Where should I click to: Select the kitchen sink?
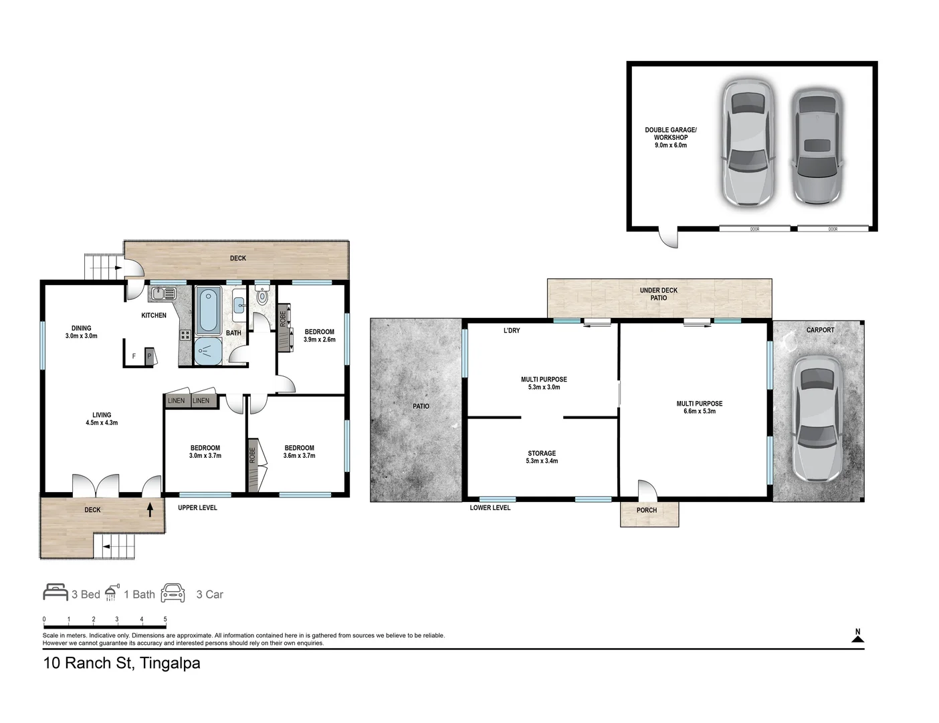[x=162, y=293]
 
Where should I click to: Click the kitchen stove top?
[x=185, y=335]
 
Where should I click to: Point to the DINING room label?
[x=81, y=332]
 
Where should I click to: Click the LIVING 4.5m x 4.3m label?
[x=102, y=418]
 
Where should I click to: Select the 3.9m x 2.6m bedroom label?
[x=319, y=335]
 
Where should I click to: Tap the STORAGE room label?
[x=542, y=457]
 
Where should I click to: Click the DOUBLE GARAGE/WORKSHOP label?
[x=670, y=137]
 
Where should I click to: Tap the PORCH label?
[x=646, y=510]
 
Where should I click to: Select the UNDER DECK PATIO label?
[x=658, y=294]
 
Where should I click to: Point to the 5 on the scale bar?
[x=165, y=619]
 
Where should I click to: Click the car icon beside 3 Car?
[x=173, y=593]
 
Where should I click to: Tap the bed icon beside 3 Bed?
[x=56, y=592]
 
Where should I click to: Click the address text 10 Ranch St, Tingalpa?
[x=122, y=663]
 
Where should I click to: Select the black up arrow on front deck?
[x=150, y=510]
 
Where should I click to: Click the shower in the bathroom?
[x=207, y=350]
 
